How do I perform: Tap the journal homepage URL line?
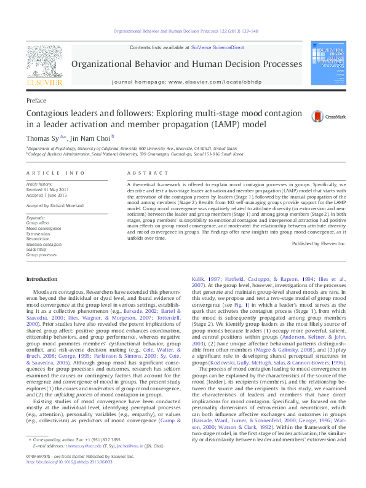(x=194, y=82)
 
